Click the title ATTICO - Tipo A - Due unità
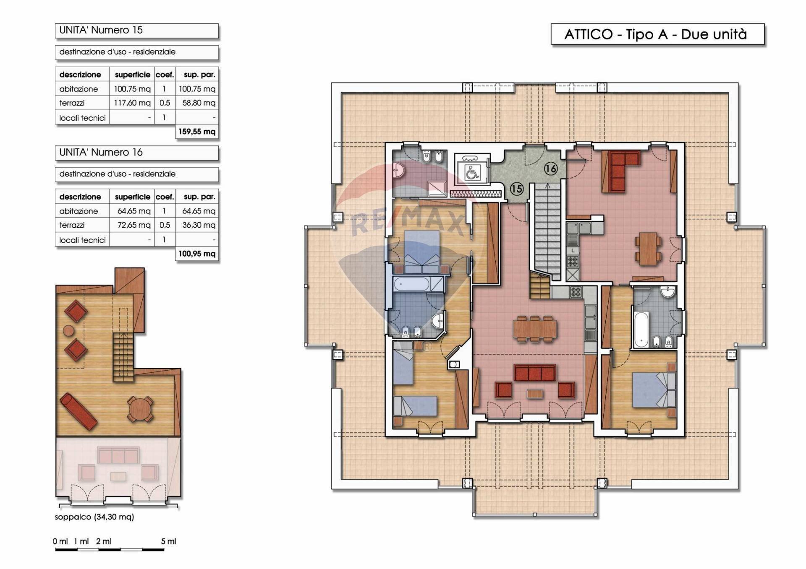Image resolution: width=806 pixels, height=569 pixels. (657, 34)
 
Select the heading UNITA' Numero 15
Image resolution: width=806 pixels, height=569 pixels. (101, 30)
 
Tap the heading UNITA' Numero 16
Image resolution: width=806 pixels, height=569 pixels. (101, 152)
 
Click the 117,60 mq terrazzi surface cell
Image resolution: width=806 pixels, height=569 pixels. (132, 103)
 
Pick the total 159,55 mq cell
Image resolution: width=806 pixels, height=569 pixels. (197, 132)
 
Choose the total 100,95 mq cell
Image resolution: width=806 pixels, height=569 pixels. (197, 254)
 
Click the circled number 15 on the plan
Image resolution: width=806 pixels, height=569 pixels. (516, 189)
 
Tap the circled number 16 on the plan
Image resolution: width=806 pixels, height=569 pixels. (551, 169)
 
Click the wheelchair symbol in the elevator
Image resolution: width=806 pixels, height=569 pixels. (472, 172)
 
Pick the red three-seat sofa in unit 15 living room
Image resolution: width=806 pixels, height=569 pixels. (535, 372)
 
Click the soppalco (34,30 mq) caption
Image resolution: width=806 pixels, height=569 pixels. (94, 517)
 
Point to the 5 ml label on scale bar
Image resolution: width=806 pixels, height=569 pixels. (168, 541)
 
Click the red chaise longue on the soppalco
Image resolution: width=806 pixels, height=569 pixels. (79, 411)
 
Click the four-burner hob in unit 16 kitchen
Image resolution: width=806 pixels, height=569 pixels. (573, 261)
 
